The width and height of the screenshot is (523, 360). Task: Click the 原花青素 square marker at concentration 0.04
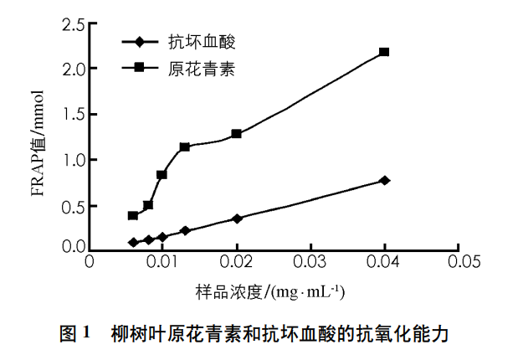[x=384, y=52]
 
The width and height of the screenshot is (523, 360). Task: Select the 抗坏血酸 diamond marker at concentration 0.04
[x=384, y=180]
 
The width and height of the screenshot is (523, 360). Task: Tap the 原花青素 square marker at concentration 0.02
[x=237, y=134]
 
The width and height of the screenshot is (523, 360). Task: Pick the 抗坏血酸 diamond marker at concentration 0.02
[x=237, y=219]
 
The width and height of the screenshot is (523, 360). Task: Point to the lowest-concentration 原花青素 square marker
[x=133, y=215]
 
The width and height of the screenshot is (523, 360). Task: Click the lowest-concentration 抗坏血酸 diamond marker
[x=133, y=242]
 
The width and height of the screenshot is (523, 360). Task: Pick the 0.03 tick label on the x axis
[x=310, y=261]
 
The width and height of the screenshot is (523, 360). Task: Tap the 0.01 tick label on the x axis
[x=163, y=261]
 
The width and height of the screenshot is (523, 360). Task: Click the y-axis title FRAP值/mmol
[x=38, y=147]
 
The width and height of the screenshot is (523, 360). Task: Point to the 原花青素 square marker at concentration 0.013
[x=185, y=147]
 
